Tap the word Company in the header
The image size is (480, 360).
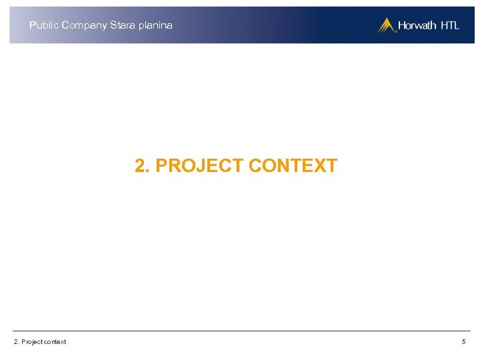83,25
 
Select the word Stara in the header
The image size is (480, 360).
121,25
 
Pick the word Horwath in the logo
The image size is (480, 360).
417,26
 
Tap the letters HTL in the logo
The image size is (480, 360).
449,26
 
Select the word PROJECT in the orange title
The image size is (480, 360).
199,166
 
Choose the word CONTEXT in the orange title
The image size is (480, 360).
293,166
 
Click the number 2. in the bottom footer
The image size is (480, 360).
16,342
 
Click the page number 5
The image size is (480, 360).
463,342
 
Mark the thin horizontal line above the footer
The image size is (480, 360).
240,331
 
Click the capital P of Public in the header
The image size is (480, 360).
33,25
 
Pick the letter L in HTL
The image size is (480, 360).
456,26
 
